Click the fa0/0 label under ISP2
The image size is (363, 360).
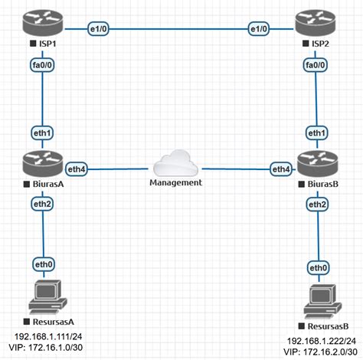[x=314, y=67]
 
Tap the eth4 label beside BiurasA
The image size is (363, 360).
[x=77, y=167]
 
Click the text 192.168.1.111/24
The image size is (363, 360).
[x=47, y=335]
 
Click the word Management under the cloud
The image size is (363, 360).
[x=176, y=183]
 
